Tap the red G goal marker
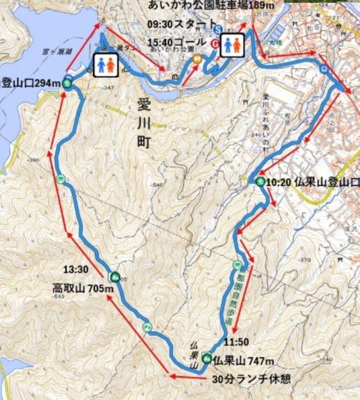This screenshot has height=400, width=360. coord(215,44)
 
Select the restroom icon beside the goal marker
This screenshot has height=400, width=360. coord(233,45)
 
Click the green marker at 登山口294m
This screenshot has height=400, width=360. coord(68,82)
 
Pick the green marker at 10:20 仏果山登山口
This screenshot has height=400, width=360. coord(259,182)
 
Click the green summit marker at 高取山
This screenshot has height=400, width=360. coord(114,276)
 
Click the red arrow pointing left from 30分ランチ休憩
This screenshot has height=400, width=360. coord(187,376)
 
